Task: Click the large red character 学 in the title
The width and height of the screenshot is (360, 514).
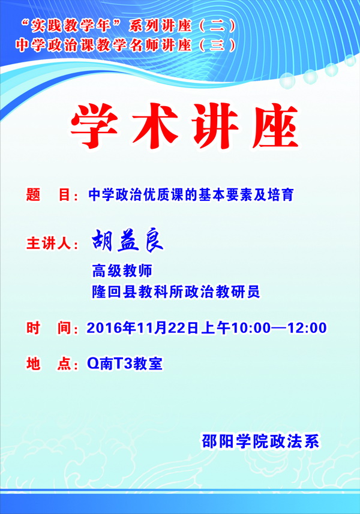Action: click(x=94, y=125)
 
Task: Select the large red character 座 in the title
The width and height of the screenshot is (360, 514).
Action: click(x=276, y=125)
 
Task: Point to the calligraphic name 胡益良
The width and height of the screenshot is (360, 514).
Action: click(x=127, y=240)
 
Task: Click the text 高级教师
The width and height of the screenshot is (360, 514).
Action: click(x=122, y=270)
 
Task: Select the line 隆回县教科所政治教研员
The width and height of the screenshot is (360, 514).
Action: click(x=176, y=291)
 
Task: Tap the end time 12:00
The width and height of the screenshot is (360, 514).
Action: click(x=307, y=328)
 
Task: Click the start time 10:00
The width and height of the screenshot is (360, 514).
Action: click(x=251, y=328)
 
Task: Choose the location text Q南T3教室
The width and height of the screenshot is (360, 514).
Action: click(x=125, y=363)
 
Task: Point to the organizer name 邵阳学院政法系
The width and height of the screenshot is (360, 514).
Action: click(x=260, y=441)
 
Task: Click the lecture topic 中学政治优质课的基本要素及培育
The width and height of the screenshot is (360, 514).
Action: click(x=191, y=194)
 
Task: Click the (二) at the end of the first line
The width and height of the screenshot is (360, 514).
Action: click(x=217, y=26)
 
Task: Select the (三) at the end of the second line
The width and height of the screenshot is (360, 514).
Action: click(x=217, y=45)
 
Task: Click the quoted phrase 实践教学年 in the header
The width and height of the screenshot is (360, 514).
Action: click(x=71, y=26)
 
